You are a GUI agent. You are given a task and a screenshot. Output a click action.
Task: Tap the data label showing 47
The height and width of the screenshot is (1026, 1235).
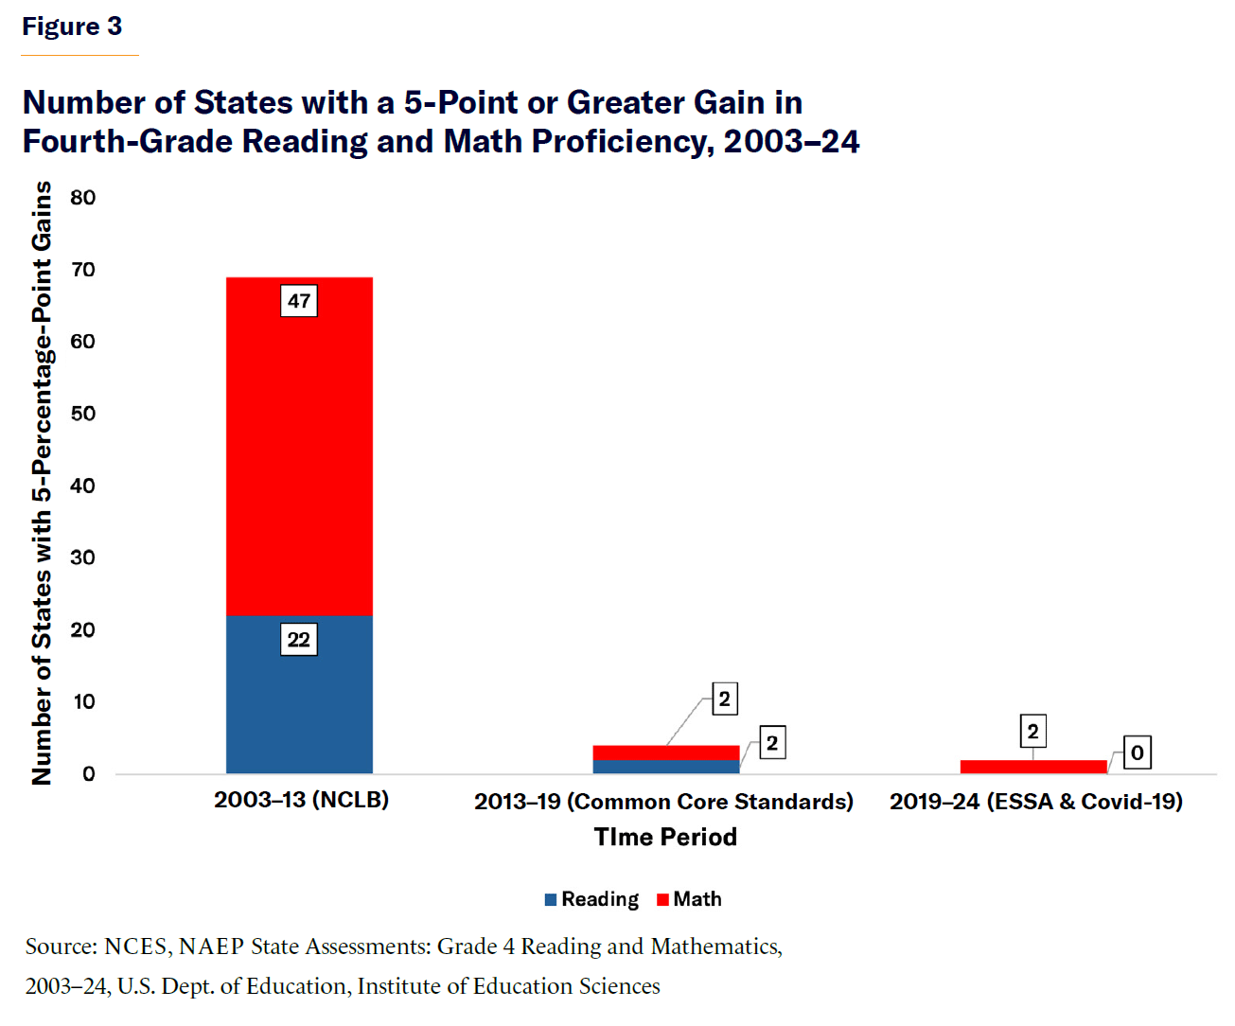[299, 301]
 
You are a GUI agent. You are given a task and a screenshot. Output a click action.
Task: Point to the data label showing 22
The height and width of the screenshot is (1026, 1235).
[299, 640]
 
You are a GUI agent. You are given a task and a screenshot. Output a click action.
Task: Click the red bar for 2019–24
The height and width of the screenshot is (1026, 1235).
[1033, 767]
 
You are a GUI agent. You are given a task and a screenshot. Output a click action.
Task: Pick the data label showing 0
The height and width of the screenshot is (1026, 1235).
[1138, 753]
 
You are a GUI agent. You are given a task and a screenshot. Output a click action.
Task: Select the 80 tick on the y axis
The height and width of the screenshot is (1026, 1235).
[83, 198]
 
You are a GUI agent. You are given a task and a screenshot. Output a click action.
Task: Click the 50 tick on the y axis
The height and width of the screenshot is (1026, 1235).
[83, 414]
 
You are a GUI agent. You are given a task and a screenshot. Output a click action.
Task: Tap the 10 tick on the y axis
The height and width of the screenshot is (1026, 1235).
[83, 701]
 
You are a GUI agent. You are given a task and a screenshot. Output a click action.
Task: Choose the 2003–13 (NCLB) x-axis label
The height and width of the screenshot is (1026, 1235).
[301, 800]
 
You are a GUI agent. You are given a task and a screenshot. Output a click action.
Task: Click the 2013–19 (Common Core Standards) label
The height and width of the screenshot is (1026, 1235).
[663, 802]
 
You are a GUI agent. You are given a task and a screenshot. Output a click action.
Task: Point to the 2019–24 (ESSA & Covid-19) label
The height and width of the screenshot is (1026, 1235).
[1036, 802]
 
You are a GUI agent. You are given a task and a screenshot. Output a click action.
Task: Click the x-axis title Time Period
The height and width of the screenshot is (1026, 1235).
[665, 837]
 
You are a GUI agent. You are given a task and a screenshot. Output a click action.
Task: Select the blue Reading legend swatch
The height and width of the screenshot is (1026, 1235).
[551, 900]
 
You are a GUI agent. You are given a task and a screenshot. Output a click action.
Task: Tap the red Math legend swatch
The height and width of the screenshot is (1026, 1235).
[662, 900]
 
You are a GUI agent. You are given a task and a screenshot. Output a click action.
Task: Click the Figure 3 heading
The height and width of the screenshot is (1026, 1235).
[72, 27]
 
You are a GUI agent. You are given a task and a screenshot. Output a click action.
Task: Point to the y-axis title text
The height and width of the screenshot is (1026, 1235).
[42, 483]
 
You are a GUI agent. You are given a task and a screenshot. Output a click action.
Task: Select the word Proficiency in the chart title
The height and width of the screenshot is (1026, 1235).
[622, 141]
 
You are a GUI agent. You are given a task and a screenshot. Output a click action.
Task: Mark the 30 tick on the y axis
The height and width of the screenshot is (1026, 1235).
[83, 557]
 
